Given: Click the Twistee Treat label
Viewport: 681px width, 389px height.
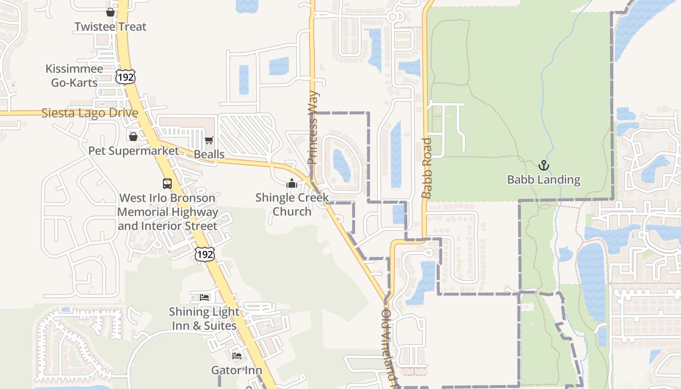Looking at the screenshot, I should [110, 27].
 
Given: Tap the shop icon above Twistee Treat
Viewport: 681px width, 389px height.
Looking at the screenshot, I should [110, 12].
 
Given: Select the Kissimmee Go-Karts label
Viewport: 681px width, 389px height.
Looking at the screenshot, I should [74, 75].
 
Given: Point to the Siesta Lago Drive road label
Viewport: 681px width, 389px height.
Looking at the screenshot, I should [90, 113].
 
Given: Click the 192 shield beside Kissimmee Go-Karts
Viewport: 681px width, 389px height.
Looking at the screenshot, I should [125, 77].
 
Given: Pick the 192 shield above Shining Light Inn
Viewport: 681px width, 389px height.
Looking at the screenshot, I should [204, 254].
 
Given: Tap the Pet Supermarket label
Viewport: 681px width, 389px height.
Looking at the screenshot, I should [134, 151].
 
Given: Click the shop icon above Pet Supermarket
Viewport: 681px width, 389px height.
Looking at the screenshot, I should [133, 137].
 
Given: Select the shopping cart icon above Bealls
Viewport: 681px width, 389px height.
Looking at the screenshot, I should [209, 141].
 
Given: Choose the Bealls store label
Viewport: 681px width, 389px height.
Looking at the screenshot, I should [209, 154].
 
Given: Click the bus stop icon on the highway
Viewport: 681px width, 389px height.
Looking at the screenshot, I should [167, 184].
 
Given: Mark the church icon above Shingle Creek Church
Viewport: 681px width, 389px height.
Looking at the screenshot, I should [292, 183].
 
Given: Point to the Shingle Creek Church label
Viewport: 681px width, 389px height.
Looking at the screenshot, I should [292, 204].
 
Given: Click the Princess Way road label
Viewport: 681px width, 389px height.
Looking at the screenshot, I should [313, 127].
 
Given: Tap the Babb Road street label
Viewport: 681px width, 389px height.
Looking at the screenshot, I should [427, 168].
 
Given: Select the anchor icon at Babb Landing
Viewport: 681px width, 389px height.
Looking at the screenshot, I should [543, 166].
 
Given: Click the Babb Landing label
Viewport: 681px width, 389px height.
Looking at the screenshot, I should [543, 179].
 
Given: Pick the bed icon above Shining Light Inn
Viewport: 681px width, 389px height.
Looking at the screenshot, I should [205, 297].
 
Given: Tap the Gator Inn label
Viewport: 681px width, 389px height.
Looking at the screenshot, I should [236, 370].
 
